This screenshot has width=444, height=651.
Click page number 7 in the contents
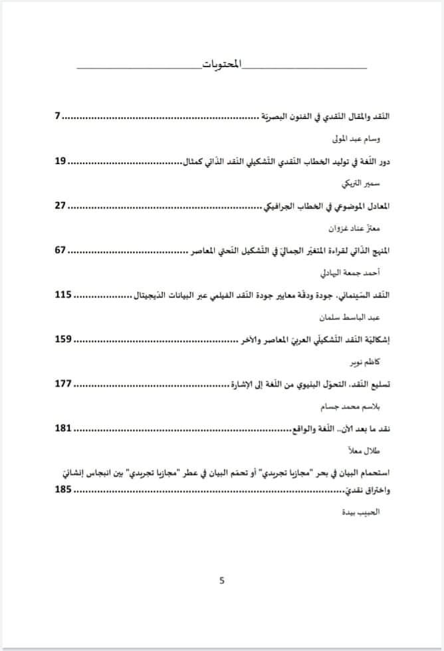(58, 116)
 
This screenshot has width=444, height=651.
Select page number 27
(60, 205)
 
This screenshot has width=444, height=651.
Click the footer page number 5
(222, 580)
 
